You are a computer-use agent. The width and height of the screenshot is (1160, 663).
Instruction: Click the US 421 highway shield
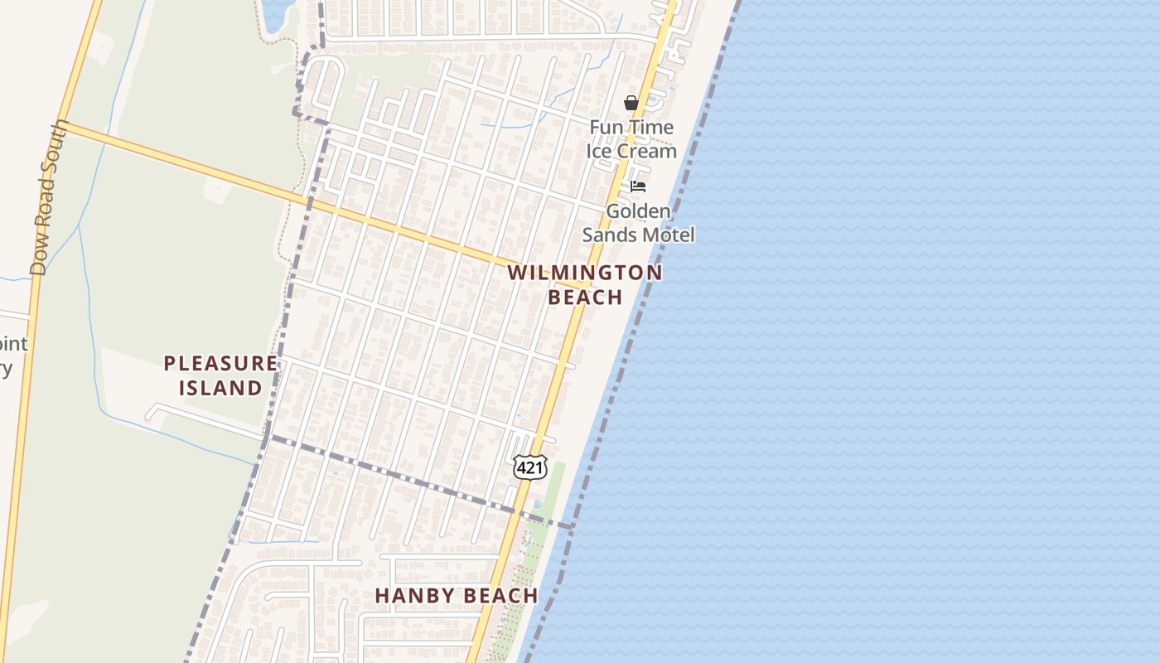[x=529, y=467]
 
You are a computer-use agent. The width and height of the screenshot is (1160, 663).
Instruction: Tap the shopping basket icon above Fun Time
[x=631, y=103]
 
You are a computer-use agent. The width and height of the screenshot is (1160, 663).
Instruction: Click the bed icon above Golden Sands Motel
[x=638, y=186]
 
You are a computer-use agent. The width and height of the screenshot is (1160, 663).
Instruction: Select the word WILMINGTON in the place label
[x=585, y=273]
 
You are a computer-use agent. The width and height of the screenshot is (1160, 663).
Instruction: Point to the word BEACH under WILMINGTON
[x=585, y=297]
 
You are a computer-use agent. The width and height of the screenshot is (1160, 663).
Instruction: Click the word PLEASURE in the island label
[x=220, y=363]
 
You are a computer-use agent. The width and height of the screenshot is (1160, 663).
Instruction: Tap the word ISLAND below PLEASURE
[x=220, y=387]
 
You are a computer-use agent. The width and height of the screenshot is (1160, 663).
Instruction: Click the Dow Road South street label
[x=49, y=199]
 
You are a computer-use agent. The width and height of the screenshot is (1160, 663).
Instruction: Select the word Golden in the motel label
[x=638, y=211]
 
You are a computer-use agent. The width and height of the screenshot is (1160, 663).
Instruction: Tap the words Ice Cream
[x=631, y=151]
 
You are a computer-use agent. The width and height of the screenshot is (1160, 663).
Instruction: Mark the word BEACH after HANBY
[x=500, y=595]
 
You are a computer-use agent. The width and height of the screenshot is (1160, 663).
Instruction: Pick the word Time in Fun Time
[x=651, y=128]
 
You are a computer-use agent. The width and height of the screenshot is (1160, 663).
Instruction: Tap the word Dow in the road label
[x=38, y=259]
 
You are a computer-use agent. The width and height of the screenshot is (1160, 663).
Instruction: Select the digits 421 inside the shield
[x=529, y=468]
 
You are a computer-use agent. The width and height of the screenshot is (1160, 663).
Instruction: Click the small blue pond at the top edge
[x=275, y=10]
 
